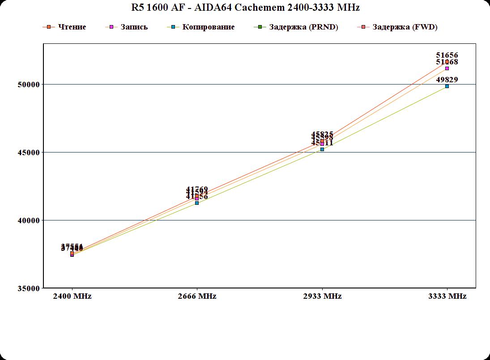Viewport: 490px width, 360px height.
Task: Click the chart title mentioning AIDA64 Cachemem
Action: pos(245,8)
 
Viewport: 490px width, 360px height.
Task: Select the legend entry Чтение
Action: pos(72,27)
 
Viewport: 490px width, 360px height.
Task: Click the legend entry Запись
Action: pos(134,27)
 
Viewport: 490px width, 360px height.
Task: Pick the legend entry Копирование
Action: pos(208,27)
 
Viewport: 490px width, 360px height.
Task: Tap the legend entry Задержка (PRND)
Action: pos(303,27)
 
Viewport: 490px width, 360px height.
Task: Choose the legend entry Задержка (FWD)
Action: pos(405,27)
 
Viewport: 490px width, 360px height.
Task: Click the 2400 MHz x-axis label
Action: pos(72,296)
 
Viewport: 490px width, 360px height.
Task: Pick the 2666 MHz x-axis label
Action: pos(197,296)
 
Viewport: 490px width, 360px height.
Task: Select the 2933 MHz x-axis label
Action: pos(322,296)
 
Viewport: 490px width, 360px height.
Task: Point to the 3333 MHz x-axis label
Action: pos(447,296)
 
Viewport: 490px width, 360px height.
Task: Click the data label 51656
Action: pos(447,55)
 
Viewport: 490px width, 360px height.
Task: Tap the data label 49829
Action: pos(447,80)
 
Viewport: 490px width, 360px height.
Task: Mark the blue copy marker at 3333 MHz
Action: pos(447,86)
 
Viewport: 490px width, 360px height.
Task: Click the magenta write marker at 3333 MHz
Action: pos(447,68)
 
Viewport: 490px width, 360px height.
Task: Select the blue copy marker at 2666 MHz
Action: pos(197,203)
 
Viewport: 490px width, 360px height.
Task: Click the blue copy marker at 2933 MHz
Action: pos(322,149)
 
